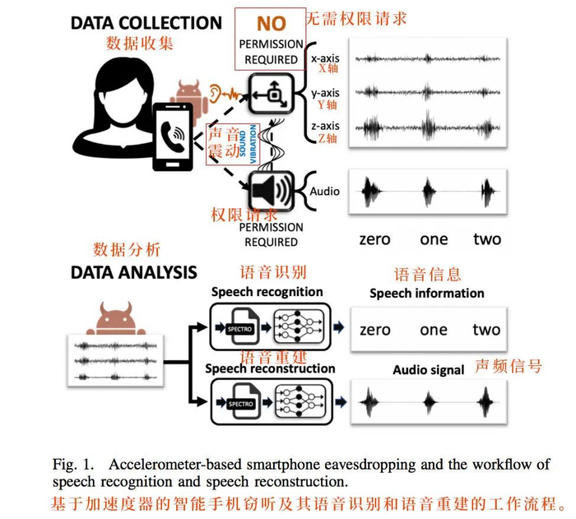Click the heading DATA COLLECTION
tap(146, 22)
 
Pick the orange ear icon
tap(216, 91)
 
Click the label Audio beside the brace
tap(324, 191)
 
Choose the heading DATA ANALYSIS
tap(133, 272)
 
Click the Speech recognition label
tap(267, 292)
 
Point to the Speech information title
tap(426, 293)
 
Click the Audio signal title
tap(429, 370)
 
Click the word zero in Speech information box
tap(374, 330)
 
